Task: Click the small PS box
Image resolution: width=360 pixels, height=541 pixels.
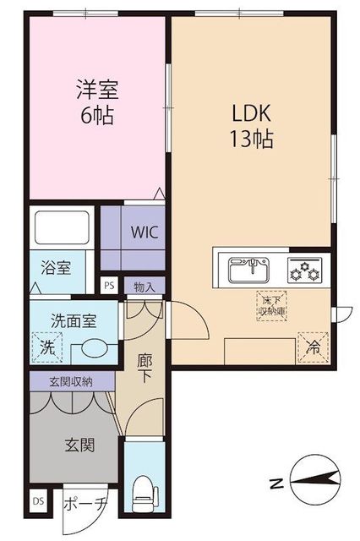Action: pos(108,286)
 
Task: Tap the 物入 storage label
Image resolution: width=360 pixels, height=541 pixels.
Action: pos(145,287)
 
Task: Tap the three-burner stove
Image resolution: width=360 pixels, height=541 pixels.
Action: pos(303,270)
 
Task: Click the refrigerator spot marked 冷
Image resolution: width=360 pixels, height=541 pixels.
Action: pos(310,347)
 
